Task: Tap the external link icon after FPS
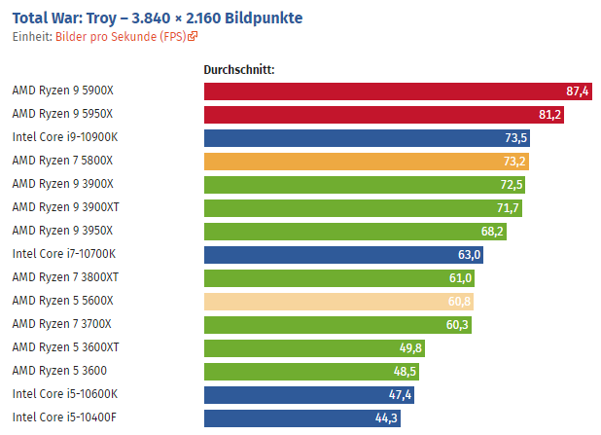click(x=193, y=37)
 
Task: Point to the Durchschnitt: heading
click(x=239, y=70)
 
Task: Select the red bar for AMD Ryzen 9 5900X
click(x=389, y=91)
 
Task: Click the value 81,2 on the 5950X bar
click(x=549, y=115)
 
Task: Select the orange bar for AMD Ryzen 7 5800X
click(x=360, y=161)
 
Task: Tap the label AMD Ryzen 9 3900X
click(x=62, y=184)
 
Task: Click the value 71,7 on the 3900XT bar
click(x=509, y=207)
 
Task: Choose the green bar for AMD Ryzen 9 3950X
click(x=350, y=231)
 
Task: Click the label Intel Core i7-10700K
click(x=64, y=254)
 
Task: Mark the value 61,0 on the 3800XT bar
click(x=461, y=277)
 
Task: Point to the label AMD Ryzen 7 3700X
click(x=62, y=324)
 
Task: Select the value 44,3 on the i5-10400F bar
click(x=386, y=417)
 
